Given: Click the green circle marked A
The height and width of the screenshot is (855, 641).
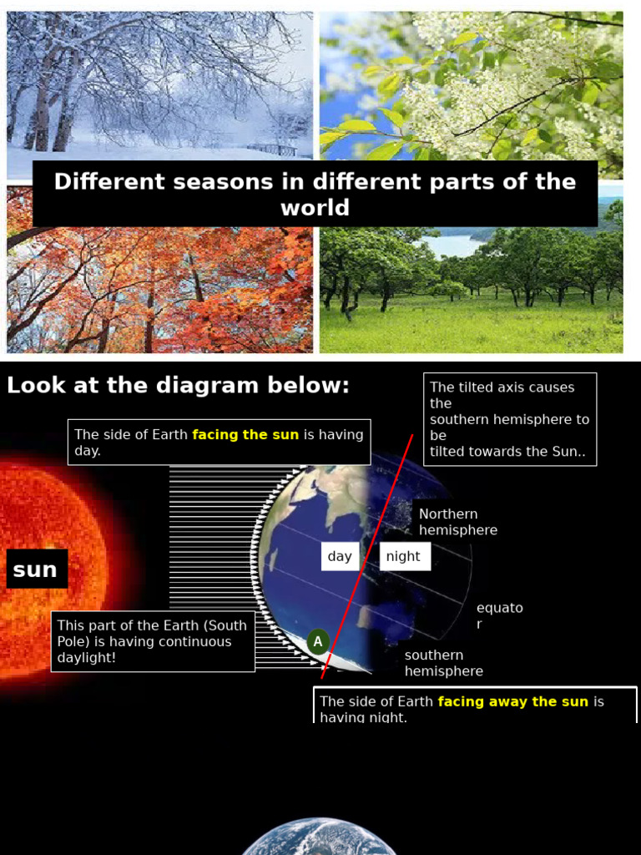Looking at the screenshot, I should click(x=317, y=642).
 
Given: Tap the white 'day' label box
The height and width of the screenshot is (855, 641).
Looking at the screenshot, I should click(x=340, y=556).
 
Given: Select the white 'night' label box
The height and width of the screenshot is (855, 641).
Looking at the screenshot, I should click(x=404, y=556).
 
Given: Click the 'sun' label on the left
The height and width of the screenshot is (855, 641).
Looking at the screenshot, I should click(x=36, y=569).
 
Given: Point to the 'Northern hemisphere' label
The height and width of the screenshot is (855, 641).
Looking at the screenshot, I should click(x=457, y=522).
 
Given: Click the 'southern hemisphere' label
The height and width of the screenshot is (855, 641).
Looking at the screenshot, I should click(x=443, y=663).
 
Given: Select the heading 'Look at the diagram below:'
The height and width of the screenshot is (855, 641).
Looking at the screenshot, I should click(x=178, y=386).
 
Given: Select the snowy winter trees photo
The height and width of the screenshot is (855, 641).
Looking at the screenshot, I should click(x=159, y=83).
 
